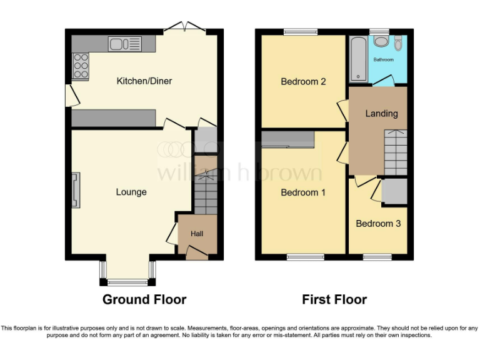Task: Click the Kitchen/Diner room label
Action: pyautogui.click(x=144, y=81)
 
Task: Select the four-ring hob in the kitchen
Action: pyautogui.click(x=81, y=66)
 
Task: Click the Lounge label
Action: pyautogui.click(x=131, y=192)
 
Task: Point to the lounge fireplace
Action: pyautogui.click(x=76, y=190)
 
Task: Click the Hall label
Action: pyautogui.click(x=197, y=234)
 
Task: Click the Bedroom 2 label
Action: pyautogui.click(x=303, y=81)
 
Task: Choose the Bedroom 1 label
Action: pyautogui.click(x=303, y=192)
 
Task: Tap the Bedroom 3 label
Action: pyautogui.click(x=378, y=224)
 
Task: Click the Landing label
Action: pyautogui.click(x=381, y=113)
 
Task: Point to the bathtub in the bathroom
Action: pyautogui.click(x=358, y=59)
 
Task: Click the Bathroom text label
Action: pyautogui.click(x=384, y=60)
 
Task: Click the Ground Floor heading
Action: pyautogui.click(x=144, y=299)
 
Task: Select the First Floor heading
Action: pyautogui.click(x=334, y=299)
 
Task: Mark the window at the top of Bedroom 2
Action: pyautogui.click(x=296, y=32)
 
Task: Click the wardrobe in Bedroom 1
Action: pyautogui.click(x=287, y=140)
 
